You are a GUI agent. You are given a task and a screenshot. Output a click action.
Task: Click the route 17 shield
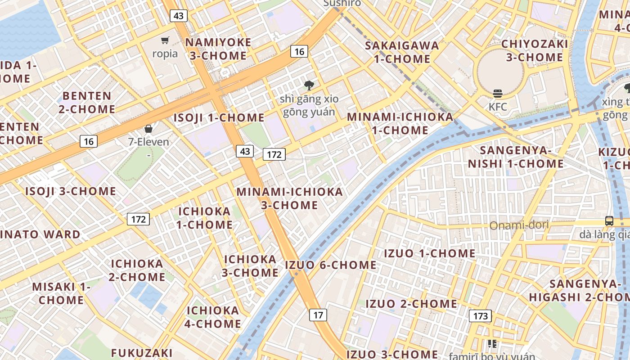coord(318,315)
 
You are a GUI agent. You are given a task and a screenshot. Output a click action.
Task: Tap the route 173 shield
coord(480,316)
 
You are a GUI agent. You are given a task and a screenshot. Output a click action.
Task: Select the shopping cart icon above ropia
coord(165,40)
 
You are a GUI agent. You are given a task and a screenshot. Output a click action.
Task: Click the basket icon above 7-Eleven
coord(148,129)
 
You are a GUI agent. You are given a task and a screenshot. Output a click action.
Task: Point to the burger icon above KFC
coord(498,94)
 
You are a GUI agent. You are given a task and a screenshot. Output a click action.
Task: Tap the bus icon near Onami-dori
coord(609,220)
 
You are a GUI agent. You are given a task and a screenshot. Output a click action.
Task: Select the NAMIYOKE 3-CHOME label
coord(218,49)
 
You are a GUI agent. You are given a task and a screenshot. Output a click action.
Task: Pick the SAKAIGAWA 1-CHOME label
coord(402,52)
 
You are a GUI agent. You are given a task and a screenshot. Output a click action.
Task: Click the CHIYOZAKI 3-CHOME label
coord(534,50)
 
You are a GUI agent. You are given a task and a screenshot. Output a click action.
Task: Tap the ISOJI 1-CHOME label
coord(219,118)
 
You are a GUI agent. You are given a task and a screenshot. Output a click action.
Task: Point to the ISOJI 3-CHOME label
coord(71,191)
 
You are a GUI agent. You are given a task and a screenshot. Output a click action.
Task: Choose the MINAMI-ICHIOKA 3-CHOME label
coord(290,198)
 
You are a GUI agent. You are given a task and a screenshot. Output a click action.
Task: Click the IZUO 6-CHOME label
coord(331,265)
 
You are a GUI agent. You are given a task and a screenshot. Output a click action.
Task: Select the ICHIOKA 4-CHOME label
coord(213,317)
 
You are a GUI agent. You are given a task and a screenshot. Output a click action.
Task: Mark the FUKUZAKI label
coord(142,352)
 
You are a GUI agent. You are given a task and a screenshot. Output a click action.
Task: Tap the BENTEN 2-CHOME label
coord(87,102)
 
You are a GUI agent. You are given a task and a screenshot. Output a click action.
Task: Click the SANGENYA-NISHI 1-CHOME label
coord(516,157)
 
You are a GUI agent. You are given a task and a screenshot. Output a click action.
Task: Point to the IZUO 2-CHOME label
coord(411,304)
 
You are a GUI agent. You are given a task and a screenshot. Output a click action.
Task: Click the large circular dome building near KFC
coord(500,70)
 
